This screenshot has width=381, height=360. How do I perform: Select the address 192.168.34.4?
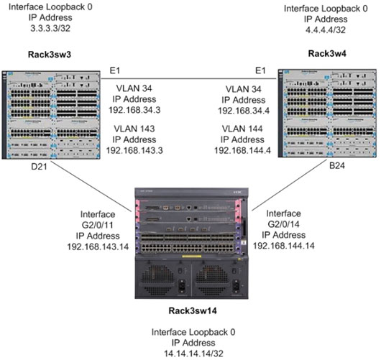[x=241, y=111]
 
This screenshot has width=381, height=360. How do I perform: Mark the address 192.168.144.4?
[x=241, y=150]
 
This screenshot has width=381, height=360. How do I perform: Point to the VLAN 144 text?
[x=241, y=128]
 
